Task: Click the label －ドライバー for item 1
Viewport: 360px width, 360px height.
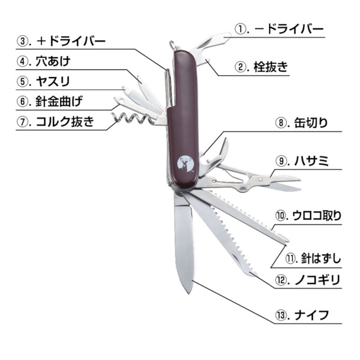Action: [x=289, y=29]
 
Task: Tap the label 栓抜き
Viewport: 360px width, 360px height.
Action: [x=271, y=67]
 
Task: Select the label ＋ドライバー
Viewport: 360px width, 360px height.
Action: [x=71, y=42]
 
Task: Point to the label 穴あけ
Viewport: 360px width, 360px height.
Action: [x=53, y=61]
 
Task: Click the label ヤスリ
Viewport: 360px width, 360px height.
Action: [x=53, y=81]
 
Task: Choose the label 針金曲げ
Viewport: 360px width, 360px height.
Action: [x=59, y=102]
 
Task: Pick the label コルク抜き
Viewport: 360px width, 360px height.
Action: [x=65, y=122]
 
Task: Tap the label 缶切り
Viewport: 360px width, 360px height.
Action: [x=311, y=123]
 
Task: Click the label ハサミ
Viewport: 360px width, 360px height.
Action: [x=312, y=161]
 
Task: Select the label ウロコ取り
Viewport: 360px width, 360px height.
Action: [x=317, y=216]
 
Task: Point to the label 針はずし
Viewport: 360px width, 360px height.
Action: [x=321, y=259]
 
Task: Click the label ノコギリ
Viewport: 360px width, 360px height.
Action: [x=317, y=280]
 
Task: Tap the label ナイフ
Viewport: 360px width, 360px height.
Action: [x=312, y=315]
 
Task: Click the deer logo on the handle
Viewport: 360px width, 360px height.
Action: [x=187, y=164]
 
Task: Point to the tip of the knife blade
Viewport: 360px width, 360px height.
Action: [x=188, y=293]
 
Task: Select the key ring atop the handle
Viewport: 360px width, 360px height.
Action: [x=173, y=45]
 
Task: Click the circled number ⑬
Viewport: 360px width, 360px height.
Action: [x=280, y=315]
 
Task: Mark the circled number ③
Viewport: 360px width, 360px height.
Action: [x=22, y=42]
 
